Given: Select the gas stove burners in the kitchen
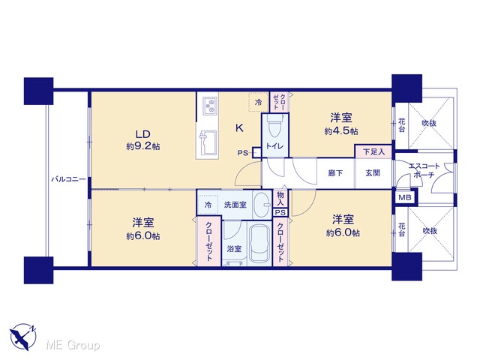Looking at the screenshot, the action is tap(210, 106).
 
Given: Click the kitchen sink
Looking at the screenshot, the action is tap(208, 143).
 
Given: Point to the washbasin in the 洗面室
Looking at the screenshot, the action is tap(262, 205).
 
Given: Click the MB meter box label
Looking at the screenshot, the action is tap(405, 198).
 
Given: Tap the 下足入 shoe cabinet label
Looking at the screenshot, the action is tap(373, 151).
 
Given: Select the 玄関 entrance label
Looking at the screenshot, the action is tap(373, 173).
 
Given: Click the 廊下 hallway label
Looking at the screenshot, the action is tap(335, 173).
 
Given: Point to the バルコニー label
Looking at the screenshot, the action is tap(68, 179).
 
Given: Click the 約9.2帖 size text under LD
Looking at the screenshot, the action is tap(143, 146).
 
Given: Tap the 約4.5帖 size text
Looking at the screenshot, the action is tap(341, 131).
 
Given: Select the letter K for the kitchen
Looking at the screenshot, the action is tap(239, 128).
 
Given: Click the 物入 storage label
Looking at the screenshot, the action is tap(280, 198).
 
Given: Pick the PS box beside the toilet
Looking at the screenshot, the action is tap(256, 153).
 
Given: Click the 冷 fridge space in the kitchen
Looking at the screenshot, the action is tap(259, 102).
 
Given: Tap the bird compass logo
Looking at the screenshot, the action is tap(23, 336).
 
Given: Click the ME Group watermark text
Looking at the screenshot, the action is tap(73, 345).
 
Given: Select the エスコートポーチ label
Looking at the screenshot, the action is tap(424, 171).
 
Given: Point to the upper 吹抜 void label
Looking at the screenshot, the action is tap(429, 123).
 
